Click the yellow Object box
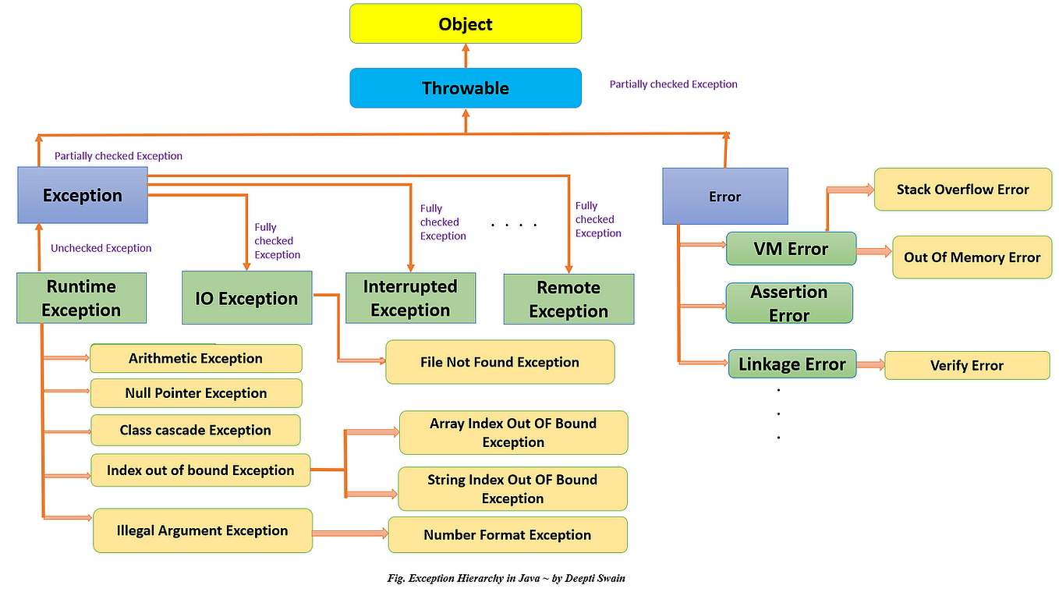[x=466, y=23]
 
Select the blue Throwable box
[x=466, y=88]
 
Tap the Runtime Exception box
[x=81, y=298]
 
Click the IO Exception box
[x=246, y=298]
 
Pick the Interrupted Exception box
[x=410, y=298]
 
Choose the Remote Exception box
[x=568, y=299]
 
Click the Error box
[x=724, y=197]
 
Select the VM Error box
[x=791, y=249]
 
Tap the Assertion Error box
[x=789, y=303]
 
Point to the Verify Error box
[x=967, y=365]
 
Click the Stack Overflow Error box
[x=962, y=189]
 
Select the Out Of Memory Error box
[x=972, y=257]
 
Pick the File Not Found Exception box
[x=500, y=362]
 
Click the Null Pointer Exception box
[x=196, y=393]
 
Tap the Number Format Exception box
[x=507, y=535]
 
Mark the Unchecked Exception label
[x=101, y=248]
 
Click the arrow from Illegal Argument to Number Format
[x=350, y=534]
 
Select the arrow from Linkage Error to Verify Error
[x=870, y=364]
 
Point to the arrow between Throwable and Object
[x=466, y=55]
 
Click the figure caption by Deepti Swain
[x=506, y=578]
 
